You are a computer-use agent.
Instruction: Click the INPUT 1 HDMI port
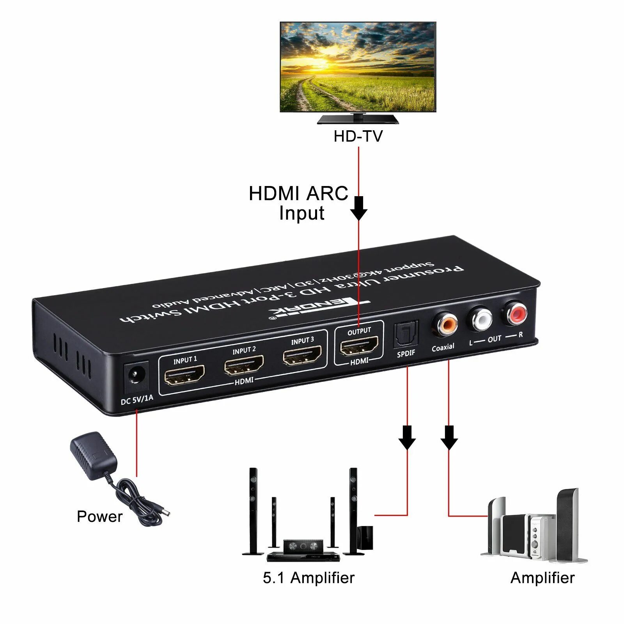coord(184,375)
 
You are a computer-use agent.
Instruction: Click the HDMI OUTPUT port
coord(359,346)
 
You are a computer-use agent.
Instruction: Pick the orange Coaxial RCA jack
coord(445,323)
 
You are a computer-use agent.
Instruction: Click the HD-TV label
coord(358,136)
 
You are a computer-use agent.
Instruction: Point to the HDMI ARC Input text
coord(299,203)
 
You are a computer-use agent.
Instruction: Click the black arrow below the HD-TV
coord(359,209)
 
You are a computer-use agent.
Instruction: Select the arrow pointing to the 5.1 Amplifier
coord(407,438)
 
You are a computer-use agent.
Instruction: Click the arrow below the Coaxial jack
coord(449,438)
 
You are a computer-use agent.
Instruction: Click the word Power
coord(99,516)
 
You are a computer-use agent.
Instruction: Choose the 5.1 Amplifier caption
coord(308,578)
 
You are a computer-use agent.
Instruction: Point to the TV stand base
coord(358,119)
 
